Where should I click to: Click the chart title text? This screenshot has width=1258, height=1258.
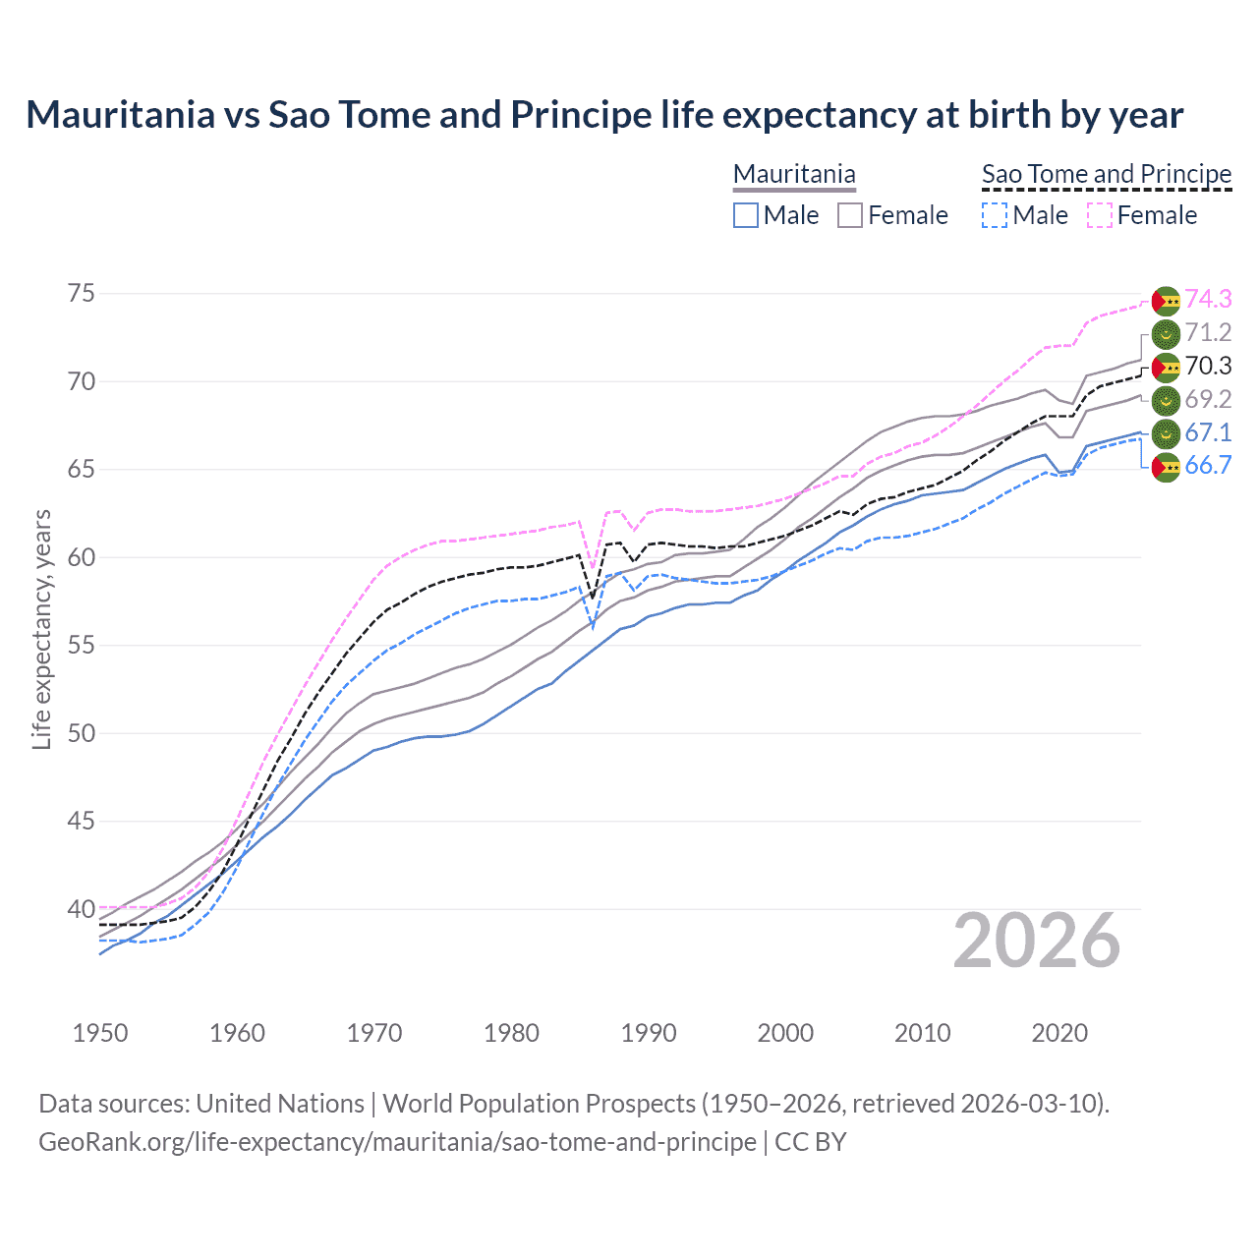(x=604, y=115)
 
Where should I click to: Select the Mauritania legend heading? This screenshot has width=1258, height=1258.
(x=794, y=174)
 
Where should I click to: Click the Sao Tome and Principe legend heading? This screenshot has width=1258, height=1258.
(x=1107, y=174)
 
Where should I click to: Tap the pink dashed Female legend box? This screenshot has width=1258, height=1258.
(x=1100, y=215)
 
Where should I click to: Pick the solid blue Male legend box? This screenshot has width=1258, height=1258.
(x=746, y=215)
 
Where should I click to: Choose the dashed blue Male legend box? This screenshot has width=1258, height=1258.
(x=995, y=215)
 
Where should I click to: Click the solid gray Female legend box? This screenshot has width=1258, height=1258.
(x=850, y=215)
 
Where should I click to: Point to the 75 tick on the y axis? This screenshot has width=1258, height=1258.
(x=82, y=294)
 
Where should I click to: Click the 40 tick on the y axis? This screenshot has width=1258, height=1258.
(x=82, y=909)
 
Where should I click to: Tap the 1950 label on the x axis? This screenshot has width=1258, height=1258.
(x=100, y=1033)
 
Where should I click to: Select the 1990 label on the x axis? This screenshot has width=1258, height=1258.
(x=649, y=1033)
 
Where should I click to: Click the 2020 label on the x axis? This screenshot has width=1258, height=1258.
(x=1059, y=1033)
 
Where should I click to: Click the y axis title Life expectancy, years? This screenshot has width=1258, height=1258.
(x=41, y=629)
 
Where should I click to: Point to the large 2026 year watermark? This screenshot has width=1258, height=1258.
(x=1037, y=941)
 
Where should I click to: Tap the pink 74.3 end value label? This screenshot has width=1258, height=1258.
(x=1208, y=300)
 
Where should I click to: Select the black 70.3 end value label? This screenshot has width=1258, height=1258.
(x=1208, y=367)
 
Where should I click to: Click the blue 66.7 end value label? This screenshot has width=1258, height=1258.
(x=1208, y=466)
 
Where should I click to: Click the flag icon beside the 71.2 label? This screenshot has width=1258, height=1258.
(x=1166, y=333)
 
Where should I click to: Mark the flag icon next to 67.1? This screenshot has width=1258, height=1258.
(x=1166, y=433)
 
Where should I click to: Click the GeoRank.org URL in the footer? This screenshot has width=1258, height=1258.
(x=397, y=1142)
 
